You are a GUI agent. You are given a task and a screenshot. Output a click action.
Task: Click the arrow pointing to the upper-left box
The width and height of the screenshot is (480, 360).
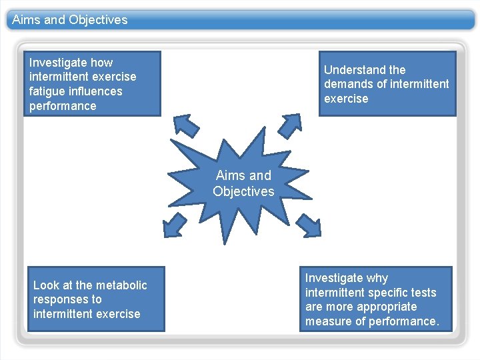[186, 125]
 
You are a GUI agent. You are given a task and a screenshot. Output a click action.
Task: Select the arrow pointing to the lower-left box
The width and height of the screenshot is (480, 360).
[176, 224]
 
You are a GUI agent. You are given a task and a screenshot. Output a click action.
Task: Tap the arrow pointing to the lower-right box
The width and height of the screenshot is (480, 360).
[307, 225]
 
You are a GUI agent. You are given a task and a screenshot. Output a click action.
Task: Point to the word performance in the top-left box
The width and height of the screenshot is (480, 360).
[63, 106]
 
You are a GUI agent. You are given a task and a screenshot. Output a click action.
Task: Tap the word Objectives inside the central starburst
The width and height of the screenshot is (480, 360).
[243, 192]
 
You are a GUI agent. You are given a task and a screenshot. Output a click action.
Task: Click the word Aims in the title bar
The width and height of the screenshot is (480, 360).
[26, 20]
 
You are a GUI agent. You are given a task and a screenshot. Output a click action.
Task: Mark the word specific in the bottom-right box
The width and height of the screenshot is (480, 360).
[389, 293]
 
